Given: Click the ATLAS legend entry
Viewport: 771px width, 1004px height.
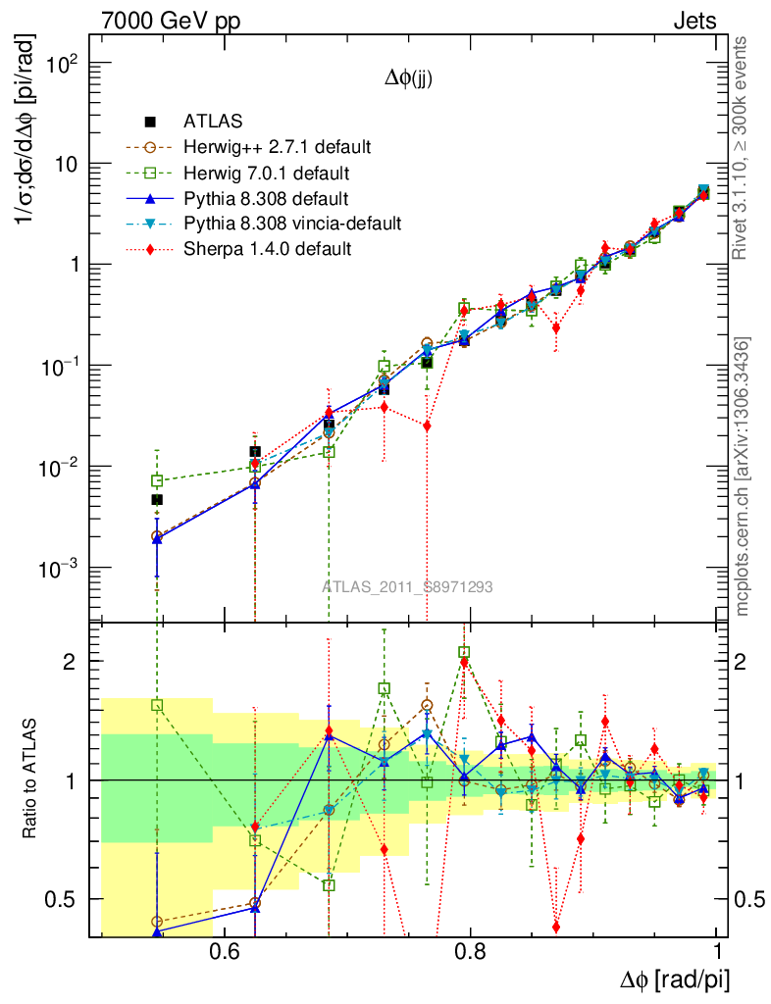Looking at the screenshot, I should click(210, 123).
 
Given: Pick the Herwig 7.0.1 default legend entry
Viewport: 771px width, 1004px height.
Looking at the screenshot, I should click(266, 174).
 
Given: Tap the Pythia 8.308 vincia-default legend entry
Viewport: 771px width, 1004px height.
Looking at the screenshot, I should click(292, 224).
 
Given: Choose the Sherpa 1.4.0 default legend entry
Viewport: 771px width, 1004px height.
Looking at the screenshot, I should click(268, 249).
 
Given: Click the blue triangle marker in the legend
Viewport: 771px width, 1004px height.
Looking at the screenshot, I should click(150, 199).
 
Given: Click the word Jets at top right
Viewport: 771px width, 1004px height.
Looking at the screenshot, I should click(694, 21).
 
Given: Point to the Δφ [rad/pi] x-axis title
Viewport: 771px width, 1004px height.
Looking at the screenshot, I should click(675, 979).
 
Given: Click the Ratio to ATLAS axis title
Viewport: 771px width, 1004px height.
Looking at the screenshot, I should click(30, 780).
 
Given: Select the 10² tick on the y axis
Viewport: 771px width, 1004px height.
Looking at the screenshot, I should click(62, 65).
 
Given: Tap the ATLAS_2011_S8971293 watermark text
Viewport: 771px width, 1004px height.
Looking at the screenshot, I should click(407, 587).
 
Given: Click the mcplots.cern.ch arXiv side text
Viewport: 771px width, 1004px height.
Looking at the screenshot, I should click(743, 477).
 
